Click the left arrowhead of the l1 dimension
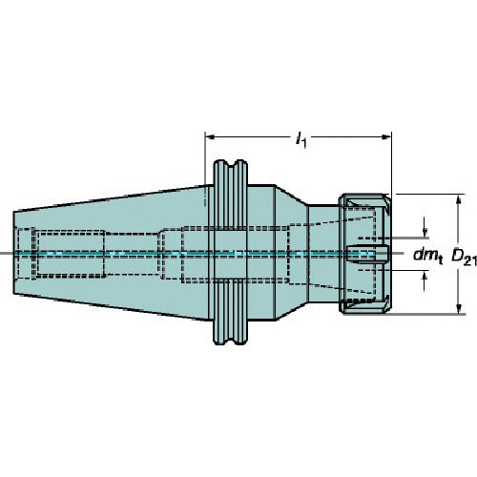click(x=210, y=135)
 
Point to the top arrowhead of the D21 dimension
click(x=459, y=199)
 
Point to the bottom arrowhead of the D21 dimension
click(x=459, y=308)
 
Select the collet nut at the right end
click(x=364, y=253)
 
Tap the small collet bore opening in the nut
click(x=367, y=254)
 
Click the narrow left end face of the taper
click(x=17, y=253)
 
